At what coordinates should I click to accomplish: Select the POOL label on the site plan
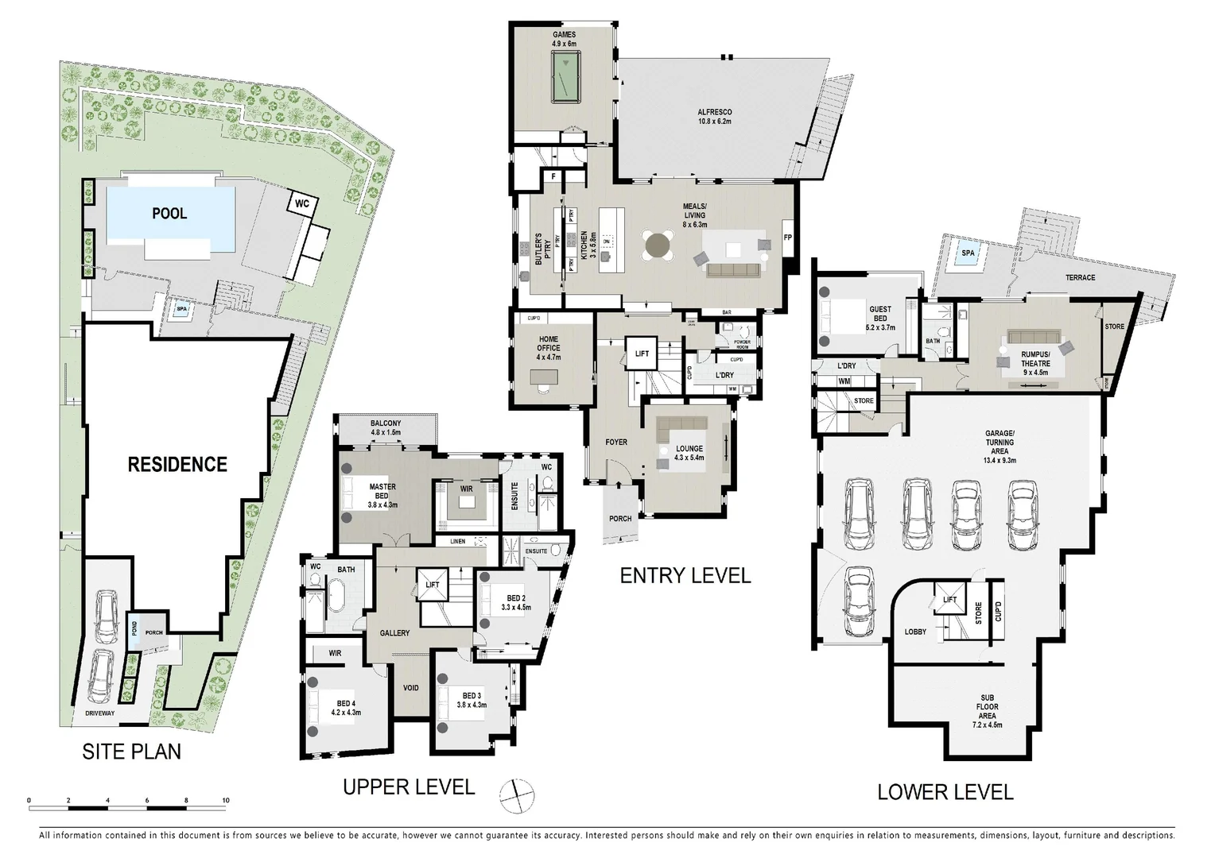tap(169, 214)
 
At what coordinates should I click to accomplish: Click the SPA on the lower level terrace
tap(968, 253)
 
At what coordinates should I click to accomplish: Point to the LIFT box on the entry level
tap(642, 354)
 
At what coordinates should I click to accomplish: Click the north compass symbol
tap(517, 794)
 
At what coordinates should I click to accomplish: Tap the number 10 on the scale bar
tap(226, 800)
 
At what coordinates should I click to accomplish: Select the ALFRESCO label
tap(714, 117)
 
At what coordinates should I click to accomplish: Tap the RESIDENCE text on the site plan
tap(177, 464)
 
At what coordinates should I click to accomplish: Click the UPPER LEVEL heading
tap(409, 786)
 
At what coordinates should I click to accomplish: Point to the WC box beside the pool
tap(302, 203)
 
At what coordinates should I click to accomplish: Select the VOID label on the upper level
tap(411, 688)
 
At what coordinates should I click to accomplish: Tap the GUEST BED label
tap(879, 314)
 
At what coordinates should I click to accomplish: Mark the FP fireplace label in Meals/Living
tap(788, 238)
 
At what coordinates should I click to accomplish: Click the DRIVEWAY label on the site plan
tap(101, 713)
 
